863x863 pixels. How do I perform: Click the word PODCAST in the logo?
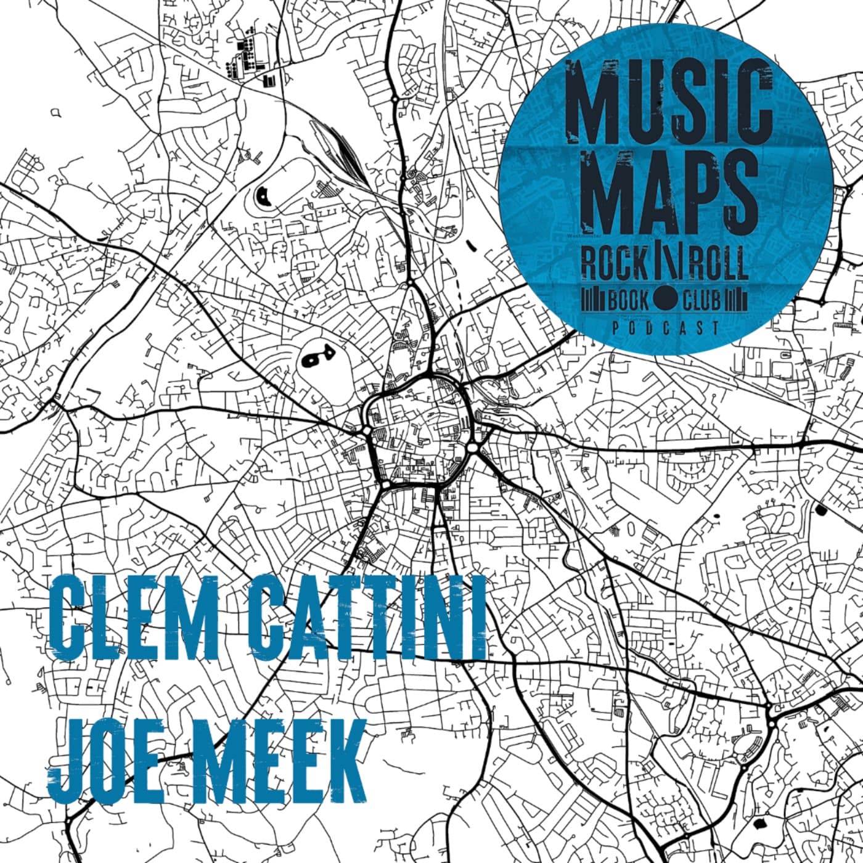point(666,329)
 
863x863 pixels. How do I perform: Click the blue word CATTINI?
point(367,616)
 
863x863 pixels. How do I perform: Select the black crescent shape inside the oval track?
point(263,196)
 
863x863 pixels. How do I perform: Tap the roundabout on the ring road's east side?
point(472,447)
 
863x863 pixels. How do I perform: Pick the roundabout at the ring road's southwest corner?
point(385,485)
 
